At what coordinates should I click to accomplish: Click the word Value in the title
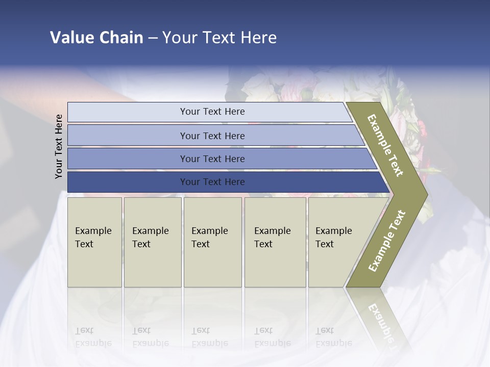(71, 38)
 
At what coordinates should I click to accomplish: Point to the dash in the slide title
(153, 38)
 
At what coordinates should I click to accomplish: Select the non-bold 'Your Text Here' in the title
(219, 38)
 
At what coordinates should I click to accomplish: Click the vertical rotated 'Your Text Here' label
(59, 146)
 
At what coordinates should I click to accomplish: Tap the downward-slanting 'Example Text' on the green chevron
(386, 145)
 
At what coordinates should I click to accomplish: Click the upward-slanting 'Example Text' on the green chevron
(386, 241)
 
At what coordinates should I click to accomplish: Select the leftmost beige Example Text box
(94, 242)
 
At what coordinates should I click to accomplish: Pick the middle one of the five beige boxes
(212, 242)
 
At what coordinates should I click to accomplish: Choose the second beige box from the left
(153, 242)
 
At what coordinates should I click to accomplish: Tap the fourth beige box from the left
(275, 242)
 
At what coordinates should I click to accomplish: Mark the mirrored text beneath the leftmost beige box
(93, 337)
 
